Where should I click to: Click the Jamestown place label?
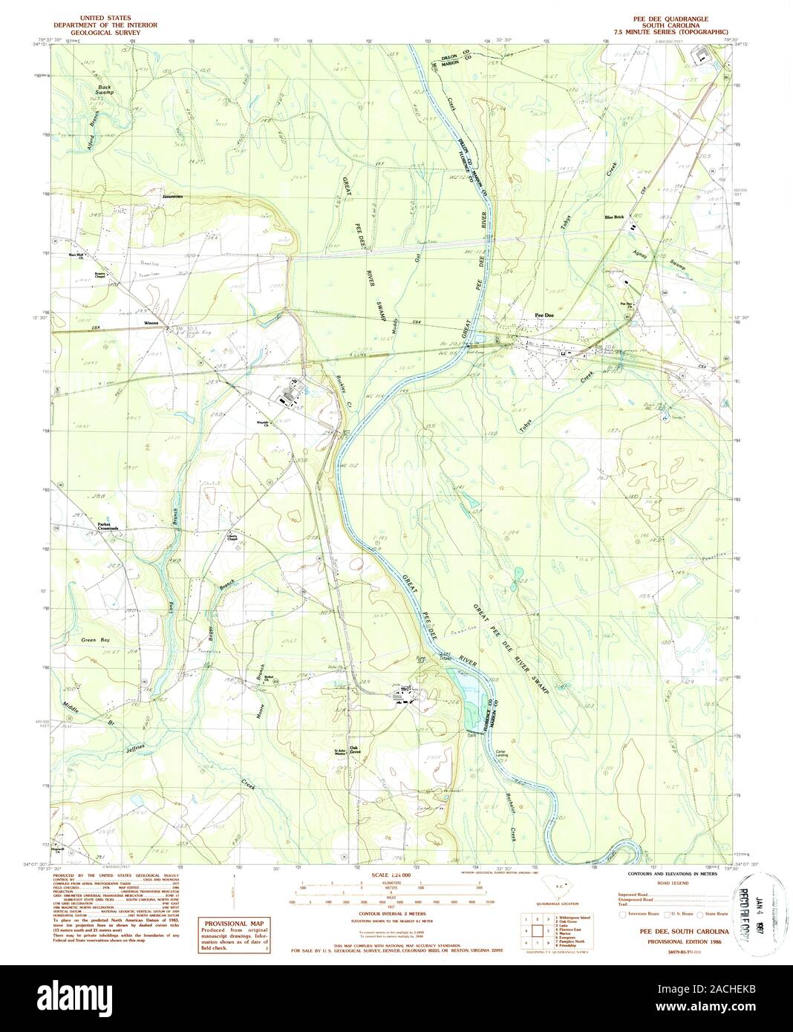172,197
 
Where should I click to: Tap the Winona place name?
151,324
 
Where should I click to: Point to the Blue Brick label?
614,217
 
